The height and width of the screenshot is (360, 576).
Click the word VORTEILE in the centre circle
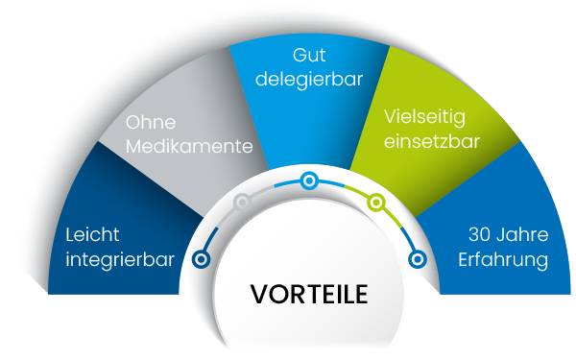[309, 294]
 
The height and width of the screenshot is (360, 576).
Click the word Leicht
[91, 232]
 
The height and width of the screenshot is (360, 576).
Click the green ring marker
[377, 203]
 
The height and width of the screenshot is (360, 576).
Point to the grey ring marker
[243, 202]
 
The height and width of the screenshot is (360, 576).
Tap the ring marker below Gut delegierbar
[308, 180]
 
